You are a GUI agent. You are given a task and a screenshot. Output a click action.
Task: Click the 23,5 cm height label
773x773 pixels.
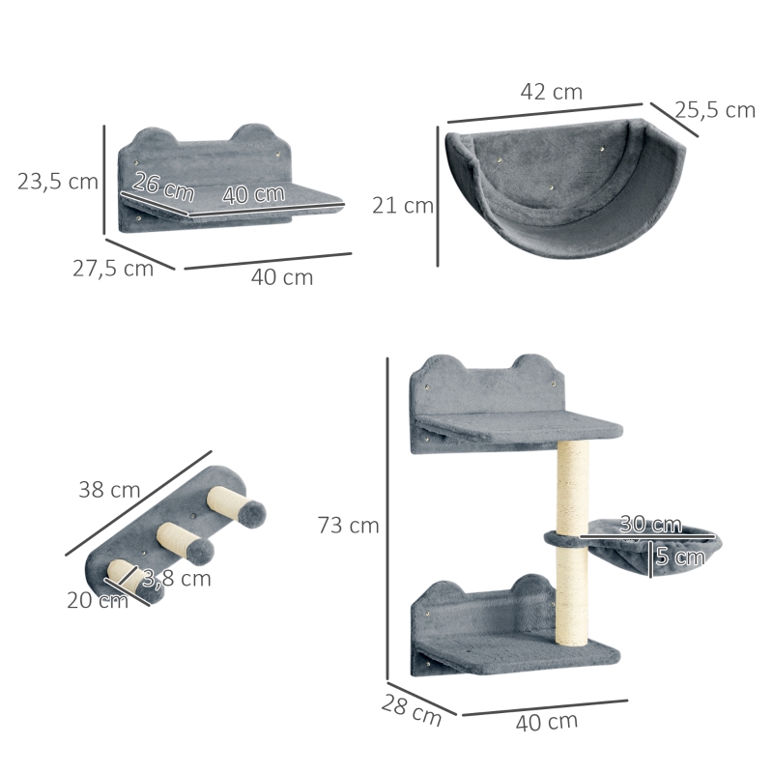pyautogui.click(x=58, y=182)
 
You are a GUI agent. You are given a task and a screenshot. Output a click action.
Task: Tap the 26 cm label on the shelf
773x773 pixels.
pyautogui.click(x=163, y=186)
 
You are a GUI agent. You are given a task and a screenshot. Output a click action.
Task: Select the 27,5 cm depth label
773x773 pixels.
pyautogui.click(x=113, y=269)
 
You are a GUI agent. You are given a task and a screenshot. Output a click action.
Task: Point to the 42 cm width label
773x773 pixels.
pyautogui.click(x=551, y=92)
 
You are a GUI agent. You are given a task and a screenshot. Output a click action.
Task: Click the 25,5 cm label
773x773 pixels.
pyautogui.click(x=715, y=110)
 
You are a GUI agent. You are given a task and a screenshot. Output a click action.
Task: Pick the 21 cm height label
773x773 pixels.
pyautogui.click(x=403, y=205)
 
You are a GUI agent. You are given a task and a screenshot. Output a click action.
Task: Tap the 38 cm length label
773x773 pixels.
pyautogui.click(x=109, y=490)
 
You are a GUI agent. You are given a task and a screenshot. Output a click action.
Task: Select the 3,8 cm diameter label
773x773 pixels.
pyautogui.click(x=177, y=578)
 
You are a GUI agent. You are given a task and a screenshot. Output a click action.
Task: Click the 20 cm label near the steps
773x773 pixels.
pyautogui.click(x=98, y=600)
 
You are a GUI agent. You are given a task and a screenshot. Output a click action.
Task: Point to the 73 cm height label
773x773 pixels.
pyautogui.click(x=348, y=525)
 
